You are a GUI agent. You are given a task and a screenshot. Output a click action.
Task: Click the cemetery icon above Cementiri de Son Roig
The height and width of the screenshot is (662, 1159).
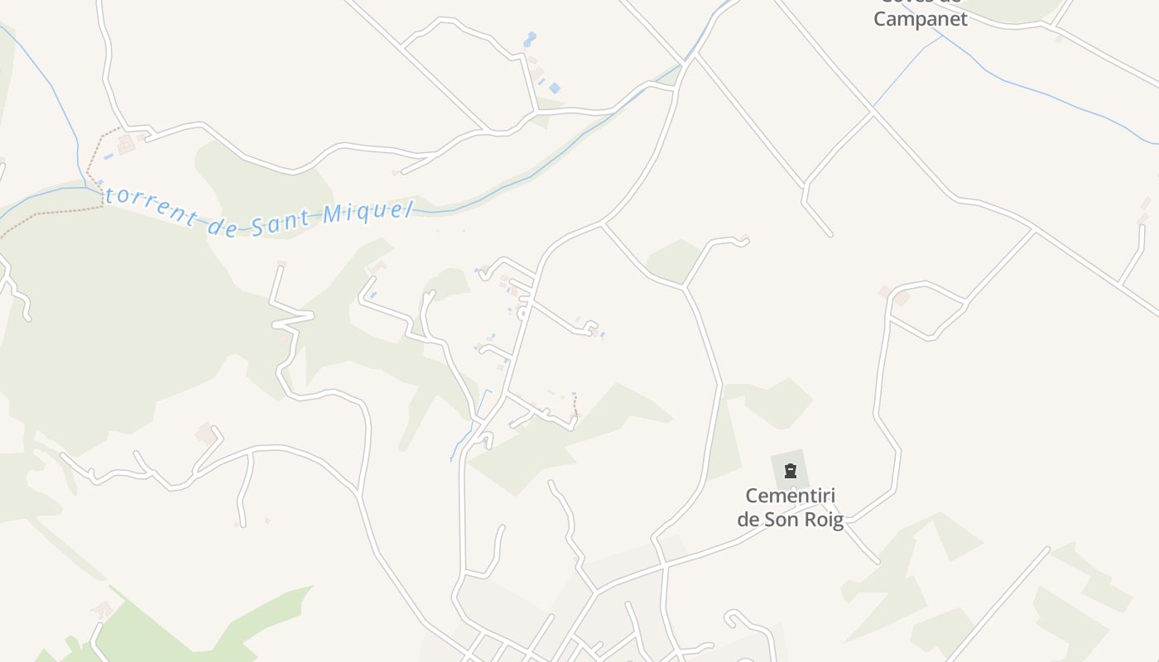[x=791, y=472]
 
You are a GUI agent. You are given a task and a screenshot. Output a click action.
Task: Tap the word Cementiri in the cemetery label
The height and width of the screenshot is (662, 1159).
[x=791, y=496]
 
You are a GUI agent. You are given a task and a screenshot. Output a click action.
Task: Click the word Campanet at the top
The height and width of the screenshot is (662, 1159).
[x=920, y=19]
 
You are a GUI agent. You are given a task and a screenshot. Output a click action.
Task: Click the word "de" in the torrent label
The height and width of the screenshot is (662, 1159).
[x=222, y=226]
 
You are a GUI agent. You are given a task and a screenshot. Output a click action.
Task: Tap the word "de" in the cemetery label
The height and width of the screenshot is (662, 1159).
[x=748, y=520]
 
